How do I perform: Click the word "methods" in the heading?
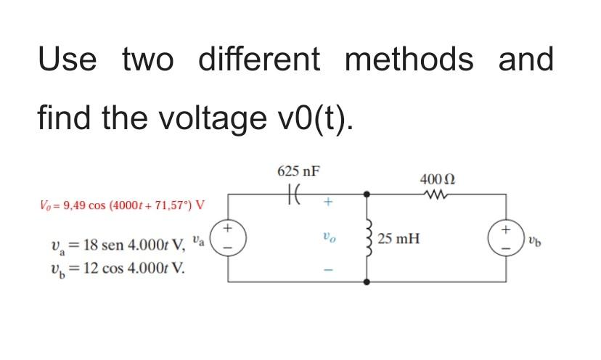coord(409,60)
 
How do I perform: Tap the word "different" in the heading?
coord(258,60)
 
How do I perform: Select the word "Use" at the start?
coord(66,60)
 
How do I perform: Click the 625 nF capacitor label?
coord(298,171)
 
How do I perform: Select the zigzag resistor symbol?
coord(436,195)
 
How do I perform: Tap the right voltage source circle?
coord(505,237)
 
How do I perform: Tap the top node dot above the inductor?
coord(368,195)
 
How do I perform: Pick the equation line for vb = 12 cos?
coord(111,266)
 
